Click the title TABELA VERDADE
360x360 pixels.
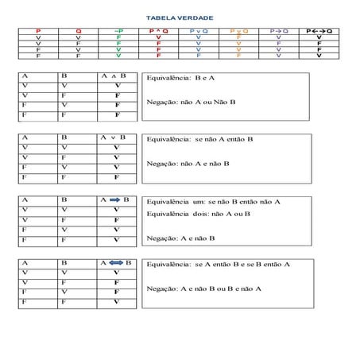click(180, 17)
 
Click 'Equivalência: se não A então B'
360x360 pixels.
click(195, 139)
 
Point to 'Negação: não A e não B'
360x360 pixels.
click(188, 164)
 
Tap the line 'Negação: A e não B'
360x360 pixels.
click(181, 237)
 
